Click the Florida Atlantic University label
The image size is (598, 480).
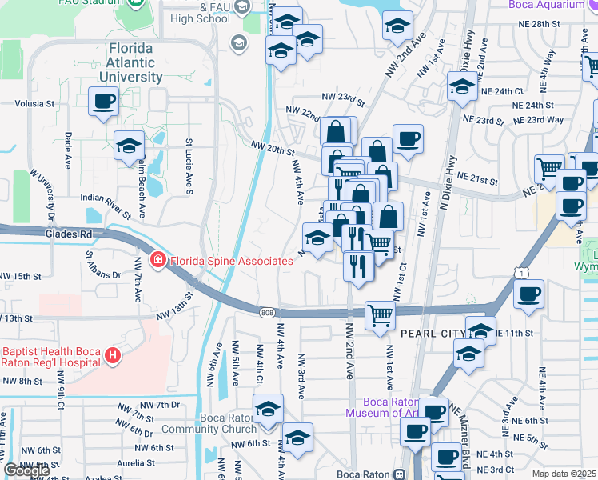(131, 63)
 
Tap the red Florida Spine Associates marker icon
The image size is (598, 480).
(158, 261)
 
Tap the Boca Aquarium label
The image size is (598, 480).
(552, 5)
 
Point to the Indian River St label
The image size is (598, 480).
(106, 205)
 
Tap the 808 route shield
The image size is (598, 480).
(265, 312)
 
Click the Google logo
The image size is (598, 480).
(26, 470)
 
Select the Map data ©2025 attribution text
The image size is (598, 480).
(564, 474)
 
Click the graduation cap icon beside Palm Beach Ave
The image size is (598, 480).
(129, 146)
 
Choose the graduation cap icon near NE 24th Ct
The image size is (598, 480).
(462, 86)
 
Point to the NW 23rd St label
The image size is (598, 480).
(343, 96)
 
